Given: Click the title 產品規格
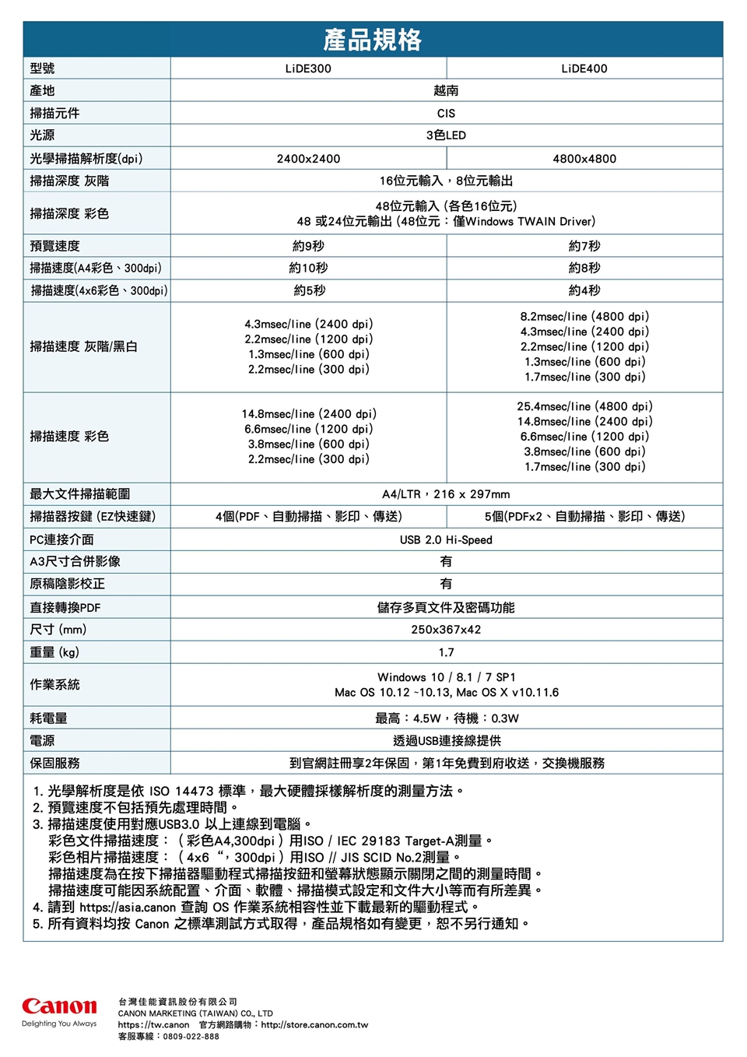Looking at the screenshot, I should pyautogui.click(x=373, y=39).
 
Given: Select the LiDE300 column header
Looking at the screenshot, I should pyautogui.click(x=308, y=68).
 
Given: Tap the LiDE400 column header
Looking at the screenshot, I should pyautogui.click(x=584, y=68).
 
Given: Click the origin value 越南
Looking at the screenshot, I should pyautogui.click(x=446, y=90).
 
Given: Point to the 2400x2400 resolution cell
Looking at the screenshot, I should pyautogui.click(x=308, y=159).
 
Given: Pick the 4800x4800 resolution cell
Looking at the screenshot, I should pyautogui.click(x=584, y=159).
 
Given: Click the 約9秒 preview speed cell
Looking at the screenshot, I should pyautogui.click(x=308, y=246).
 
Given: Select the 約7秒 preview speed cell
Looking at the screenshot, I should pyautogui.click(x=584, y=246).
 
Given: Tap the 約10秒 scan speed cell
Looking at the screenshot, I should pyautogui.click(x=308, y=268).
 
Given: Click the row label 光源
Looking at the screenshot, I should pyautogui.click(x=42, y=135).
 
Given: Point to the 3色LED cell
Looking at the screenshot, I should pyautogui.click(x=446, y=135).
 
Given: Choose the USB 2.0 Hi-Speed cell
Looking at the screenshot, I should pyautogui.click(x=446, y=539).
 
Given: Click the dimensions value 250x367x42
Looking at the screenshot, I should pyautogui.click(x=446, y=630).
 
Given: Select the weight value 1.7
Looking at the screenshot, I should pyautogui.click(x=446, y=652).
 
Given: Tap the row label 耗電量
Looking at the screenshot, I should pyautogui.click(x=48, y=718).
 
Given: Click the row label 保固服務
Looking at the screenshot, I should pyautogui.click(x=54, y=763).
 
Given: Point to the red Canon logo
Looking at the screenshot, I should pyautogui.click(x=59, y=1006).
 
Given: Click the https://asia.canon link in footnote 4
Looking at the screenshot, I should pyautogui.click(x=128, y=908).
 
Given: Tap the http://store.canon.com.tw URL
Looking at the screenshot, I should pyautogui.click(x=314, y=1025).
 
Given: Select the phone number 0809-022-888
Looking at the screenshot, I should pyautogui.click(x=191, y=1037).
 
